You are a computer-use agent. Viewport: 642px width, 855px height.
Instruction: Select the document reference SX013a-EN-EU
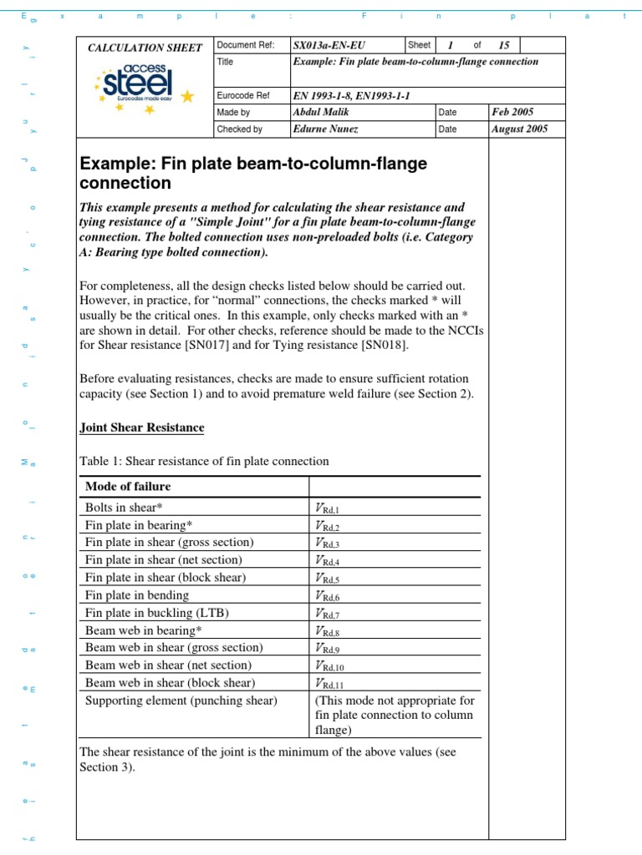[329, 45]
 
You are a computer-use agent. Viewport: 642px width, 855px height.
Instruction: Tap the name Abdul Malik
[319, 112]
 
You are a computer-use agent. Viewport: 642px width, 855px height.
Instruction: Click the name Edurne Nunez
[324, 129]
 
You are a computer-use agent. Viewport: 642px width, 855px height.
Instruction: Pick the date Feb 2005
[513, 112]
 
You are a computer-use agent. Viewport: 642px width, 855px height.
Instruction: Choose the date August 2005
[520, 129]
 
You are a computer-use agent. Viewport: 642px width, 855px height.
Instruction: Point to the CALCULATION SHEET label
[145, 48]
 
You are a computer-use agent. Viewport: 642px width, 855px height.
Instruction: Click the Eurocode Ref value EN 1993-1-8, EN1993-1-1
[349, 95]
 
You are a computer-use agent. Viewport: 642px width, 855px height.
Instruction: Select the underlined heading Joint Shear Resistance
[141, 427]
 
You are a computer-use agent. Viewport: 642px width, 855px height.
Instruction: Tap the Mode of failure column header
[128, 487]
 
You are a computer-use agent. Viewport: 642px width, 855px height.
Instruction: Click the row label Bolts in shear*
[124, 507]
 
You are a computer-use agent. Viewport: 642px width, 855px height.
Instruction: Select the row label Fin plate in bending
[137, 595]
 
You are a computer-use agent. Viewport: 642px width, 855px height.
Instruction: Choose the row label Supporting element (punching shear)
[181, 701]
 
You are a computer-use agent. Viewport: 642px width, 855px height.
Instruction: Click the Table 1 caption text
[204, 461]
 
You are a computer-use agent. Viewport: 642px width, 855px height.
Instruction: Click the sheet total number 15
[503, 45]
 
